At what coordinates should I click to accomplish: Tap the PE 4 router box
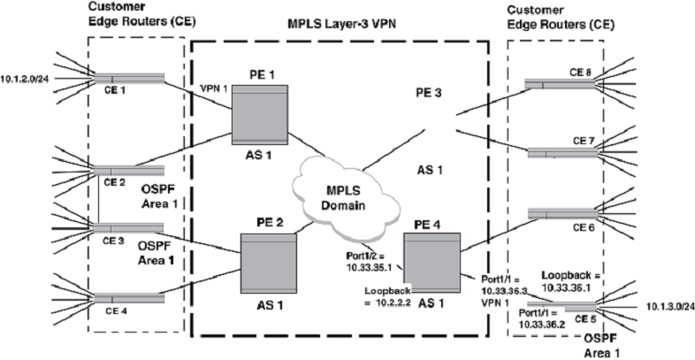(x=432, y=260)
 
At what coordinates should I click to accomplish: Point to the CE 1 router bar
(x=128, y=78)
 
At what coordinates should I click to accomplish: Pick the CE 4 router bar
(x=129, y=299)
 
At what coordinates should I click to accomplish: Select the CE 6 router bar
(x=561, y=214)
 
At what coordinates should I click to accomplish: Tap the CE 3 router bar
(x=129, y=226)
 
